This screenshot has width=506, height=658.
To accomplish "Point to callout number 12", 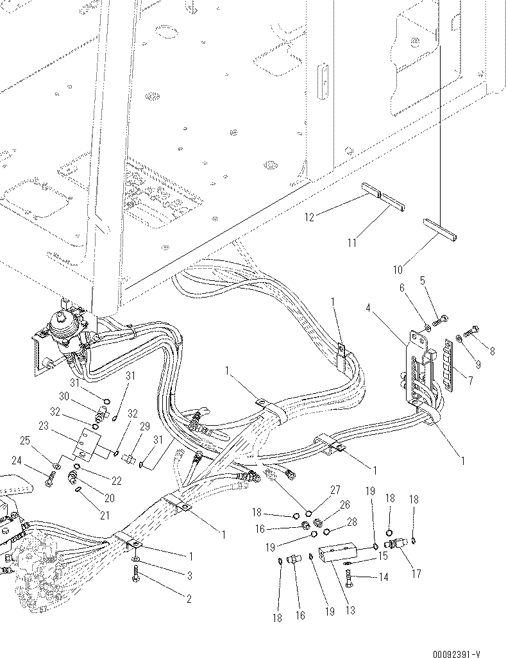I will pos(310,218).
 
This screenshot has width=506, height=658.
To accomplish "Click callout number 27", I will pos(335,491).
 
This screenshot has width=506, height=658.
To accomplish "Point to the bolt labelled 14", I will pos(350,578).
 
